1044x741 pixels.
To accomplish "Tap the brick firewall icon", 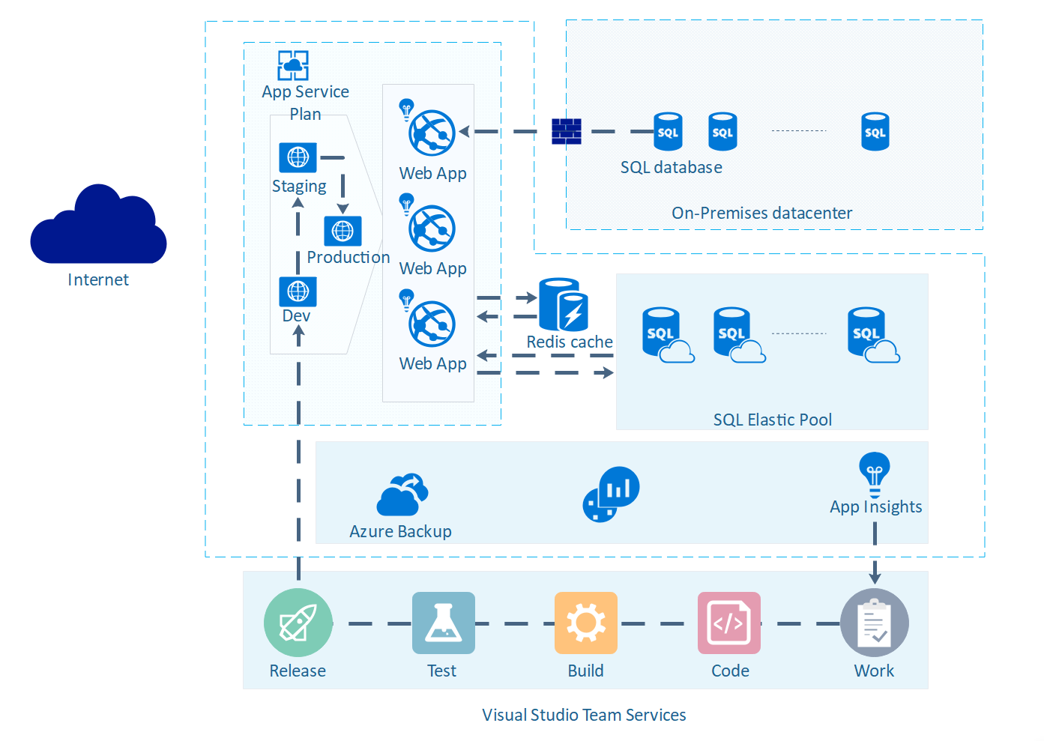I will point(567,131).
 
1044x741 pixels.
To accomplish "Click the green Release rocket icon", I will point(298,623).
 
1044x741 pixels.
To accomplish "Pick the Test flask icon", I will point(444,623).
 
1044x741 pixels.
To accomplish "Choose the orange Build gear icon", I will point(586,623).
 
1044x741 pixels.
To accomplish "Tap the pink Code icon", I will point(729,623).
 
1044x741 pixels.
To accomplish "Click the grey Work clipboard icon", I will point(875,623).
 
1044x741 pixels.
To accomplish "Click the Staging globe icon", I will point(298,157).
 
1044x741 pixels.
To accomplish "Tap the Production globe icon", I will point(343,231).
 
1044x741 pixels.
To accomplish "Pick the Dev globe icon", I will point(298,291).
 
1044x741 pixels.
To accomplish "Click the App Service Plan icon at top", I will point(293,65).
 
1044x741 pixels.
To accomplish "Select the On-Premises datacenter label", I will point(761,213).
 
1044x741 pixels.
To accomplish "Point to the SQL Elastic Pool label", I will point(772,420).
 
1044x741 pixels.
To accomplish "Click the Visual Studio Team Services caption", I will point(584,715).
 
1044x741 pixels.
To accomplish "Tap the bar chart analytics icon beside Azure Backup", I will point(611,494).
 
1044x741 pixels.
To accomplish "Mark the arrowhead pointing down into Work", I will point(875,578).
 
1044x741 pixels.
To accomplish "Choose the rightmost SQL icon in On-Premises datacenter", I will point(875,132).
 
